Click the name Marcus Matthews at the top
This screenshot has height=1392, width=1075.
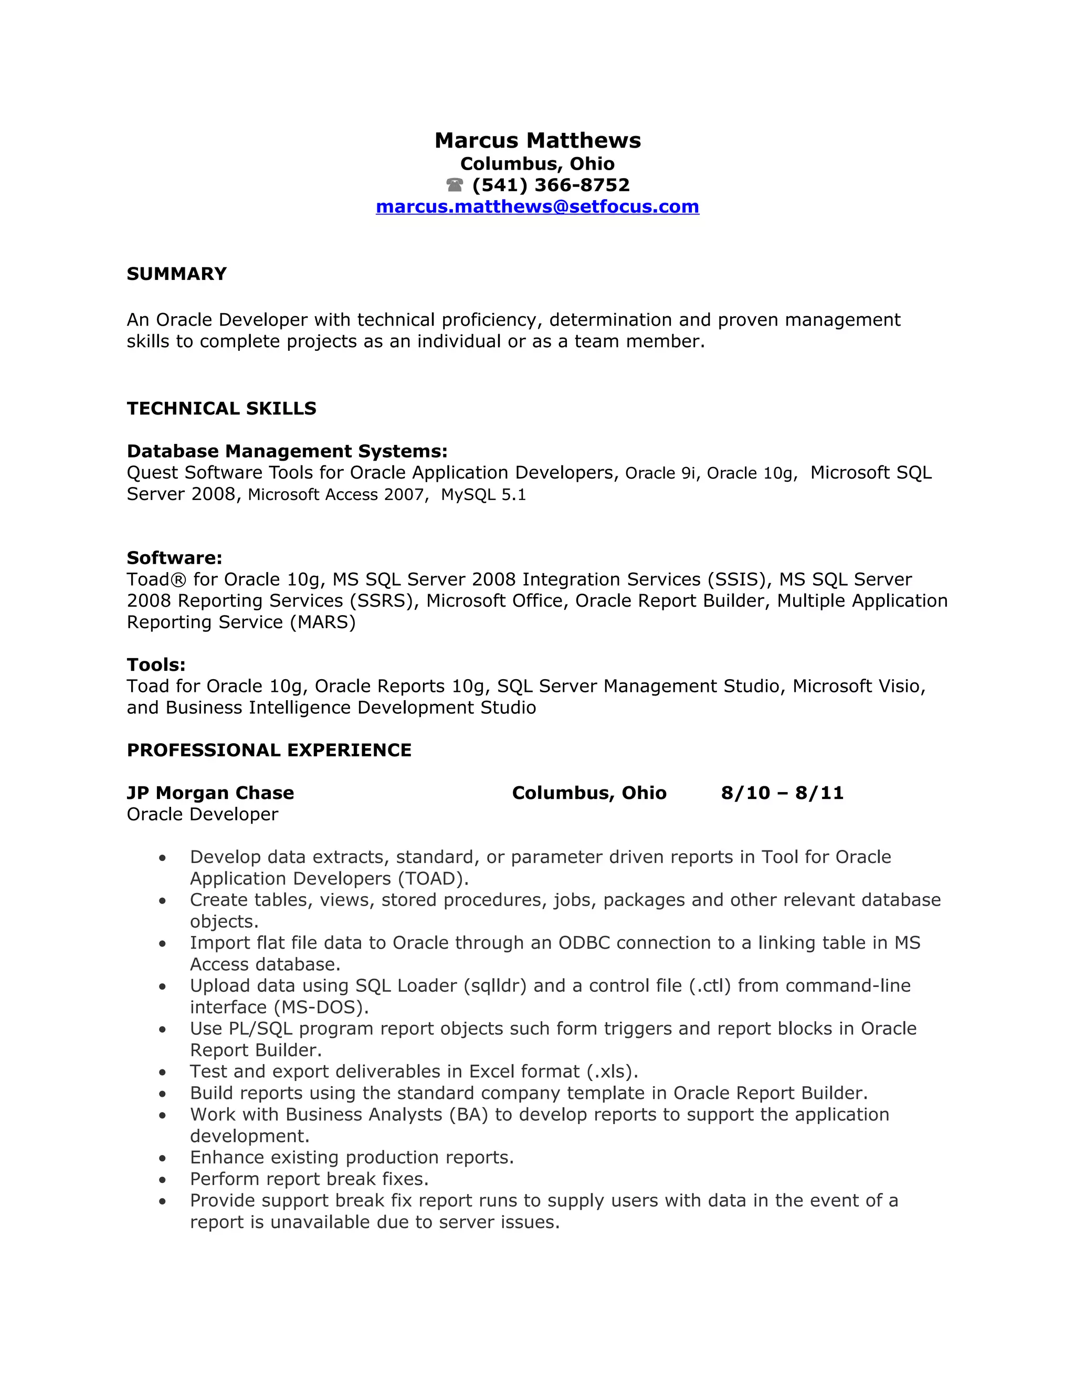click(537, 140)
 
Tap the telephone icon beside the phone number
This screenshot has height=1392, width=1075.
click(455, 185)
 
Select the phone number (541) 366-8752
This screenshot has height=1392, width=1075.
click(551, 185)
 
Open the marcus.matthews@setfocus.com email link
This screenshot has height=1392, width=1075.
click(537, 206)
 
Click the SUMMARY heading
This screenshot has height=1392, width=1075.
click(176, 274)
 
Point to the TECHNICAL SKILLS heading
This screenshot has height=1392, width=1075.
click(221, 409)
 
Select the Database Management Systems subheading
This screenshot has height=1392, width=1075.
click(287, 451)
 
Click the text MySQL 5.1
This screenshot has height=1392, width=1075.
click(483, 495)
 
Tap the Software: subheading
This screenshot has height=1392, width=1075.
click(174, 558)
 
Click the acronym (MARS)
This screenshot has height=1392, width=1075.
click(323, 622)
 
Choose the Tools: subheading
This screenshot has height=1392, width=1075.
click(156, 665)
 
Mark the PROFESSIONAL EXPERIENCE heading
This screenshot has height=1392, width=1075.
click(269, 750)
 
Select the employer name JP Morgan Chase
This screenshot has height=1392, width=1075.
click(210, 793)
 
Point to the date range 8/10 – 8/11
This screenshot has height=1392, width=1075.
click(782, 793)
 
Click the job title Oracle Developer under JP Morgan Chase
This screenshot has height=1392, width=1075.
click(203, 815)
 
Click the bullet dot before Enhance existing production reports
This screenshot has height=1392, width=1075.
click(163, 1159)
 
